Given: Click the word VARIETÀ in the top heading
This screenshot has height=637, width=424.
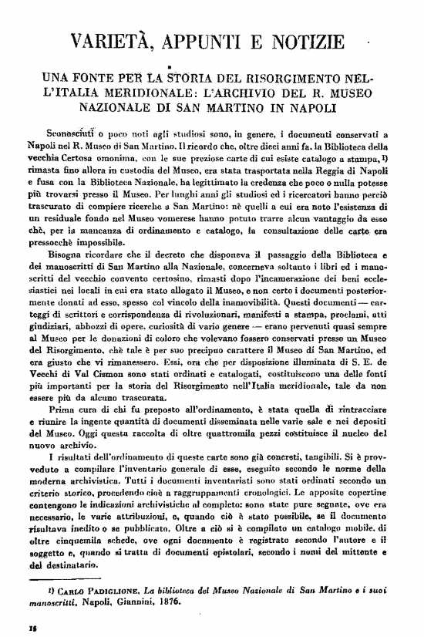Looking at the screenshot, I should (109, 41).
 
